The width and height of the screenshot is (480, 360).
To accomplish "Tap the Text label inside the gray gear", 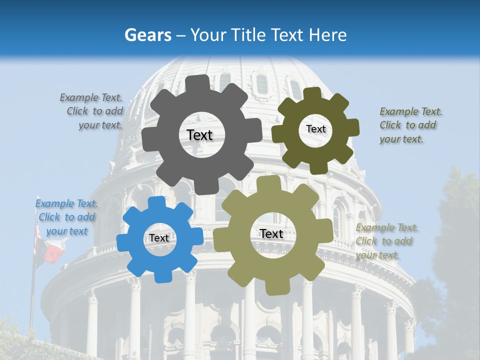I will [199, 135].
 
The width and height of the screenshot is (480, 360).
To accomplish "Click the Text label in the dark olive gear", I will [315, 129].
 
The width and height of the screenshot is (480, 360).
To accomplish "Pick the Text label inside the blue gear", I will [159, 238].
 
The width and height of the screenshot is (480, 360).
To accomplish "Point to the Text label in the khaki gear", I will [271, 233].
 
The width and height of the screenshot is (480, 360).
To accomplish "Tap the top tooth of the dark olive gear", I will [312, 93].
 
